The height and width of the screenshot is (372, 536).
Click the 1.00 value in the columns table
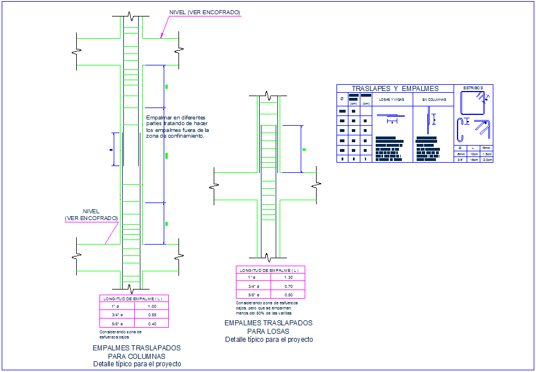click(x=152, y=306)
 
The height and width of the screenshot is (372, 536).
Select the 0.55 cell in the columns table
click(x=152, y=315)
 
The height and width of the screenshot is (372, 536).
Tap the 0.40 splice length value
click(x=152, y=324)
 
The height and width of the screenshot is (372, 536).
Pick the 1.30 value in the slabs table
click(x=288, y=278)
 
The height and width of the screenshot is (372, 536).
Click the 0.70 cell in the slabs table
click(x=288, y=286)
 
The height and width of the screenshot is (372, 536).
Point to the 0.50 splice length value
click(x=288, y=295)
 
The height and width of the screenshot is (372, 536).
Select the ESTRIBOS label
click(x=473, y=88)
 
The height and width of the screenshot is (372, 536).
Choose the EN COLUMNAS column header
click(x=433, y=100)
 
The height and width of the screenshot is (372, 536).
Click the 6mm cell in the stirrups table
click(x=461, y=154)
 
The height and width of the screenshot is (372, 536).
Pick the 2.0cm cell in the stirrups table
click(x=487, y=160)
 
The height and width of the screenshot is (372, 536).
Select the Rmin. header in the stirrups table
click(x=487, y=148)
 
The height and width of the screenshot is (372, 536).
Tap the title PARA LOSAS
click(x=268, y=331)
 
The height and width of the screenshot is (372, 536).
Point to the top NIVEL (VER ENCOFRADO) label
click(x=205, y=13)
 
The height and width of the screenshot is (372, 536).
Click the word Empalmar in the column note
click(x=157, y=118)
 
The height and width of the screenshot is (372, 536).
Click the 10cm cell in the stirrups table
click(x=473, y=154)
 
